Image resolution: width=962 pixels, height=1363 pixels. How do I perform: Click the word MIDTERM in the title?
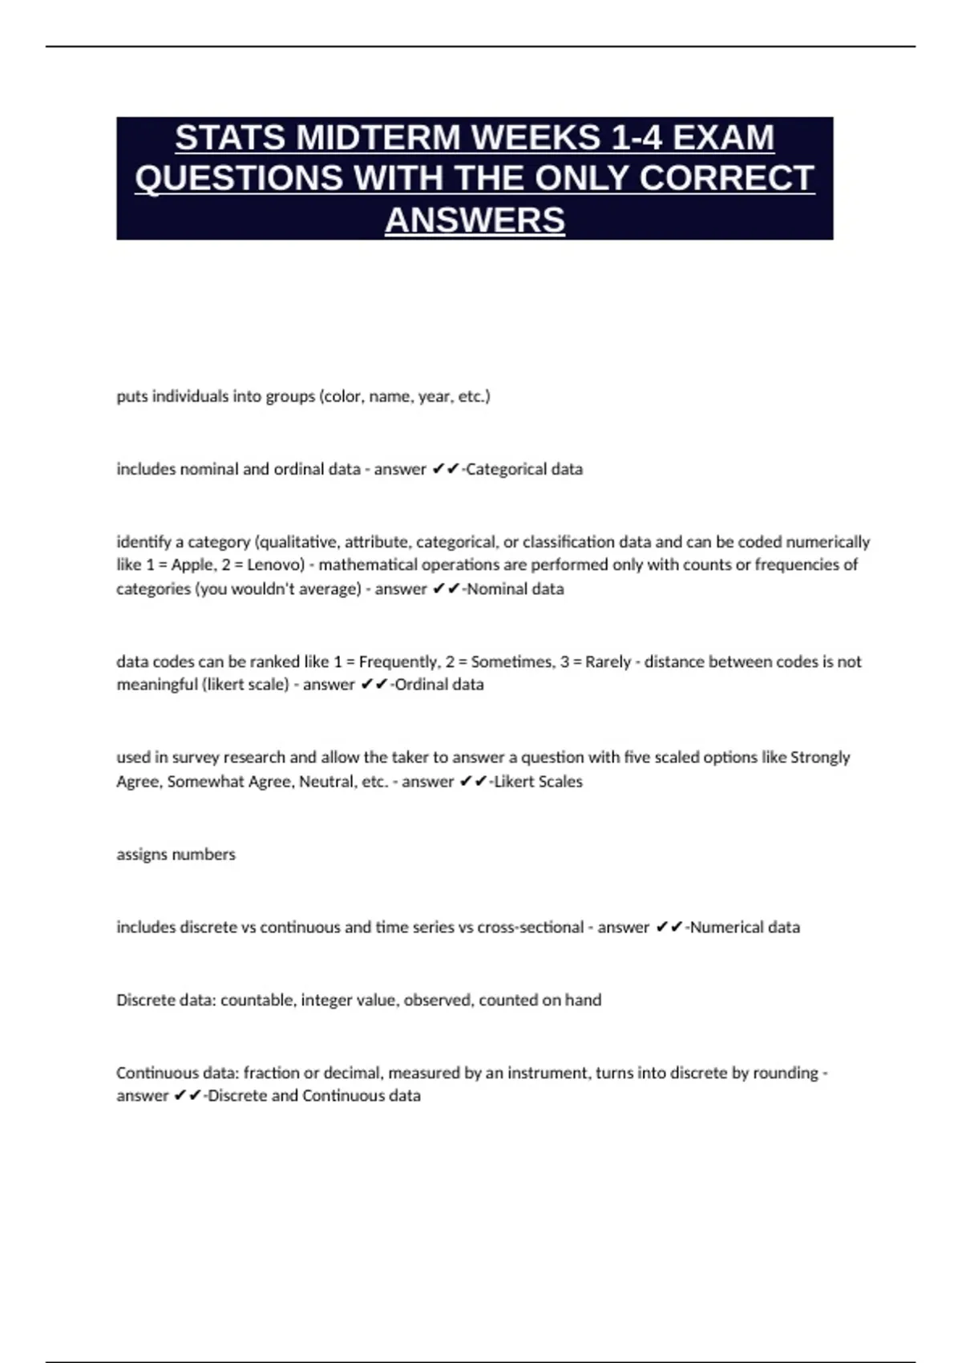coord(379,137)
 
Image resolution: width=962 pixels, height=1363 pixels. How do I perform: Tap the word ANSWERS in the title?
coord(475,220)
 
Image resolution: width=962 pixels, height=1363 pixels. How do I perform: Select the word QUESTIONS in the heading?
coord(239,178)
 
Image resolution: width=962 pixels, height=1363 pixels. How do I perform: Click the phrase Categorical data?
coord(524,469)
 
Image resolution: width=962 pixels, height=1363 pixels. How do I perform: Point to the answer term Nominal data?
coord(515,588)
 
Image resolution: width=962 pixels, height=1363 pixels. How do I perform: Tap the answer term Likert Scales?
coord(538,781)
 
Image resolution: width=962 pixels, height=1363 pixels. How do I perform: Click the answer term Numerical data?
coord(745,927)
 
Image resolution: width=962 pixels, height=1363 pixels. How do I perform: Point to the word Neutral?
coord(326,781)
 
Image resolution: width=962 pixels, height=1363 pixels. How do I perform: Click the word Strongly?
coord(820,757)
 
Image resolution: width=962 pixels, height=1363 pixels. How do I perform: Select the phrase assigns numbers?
coord(176,854)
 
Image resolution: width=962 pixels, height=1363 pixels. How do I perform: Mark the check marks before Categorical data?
coord(445,469)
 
